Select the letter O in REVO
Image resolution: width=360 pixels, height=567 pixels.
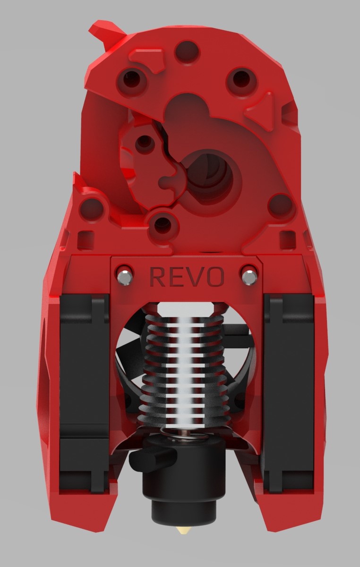pos(215,277)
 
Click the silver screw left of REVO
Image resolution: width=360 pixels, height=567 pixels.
pos(125,276)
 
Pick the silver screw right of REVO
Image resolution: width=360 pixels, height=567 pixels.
pos(249,277)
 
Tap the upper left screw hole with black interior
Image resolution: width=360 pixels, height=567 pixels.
pos(132,79)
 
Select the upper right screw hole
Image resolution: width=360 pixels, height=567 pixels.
pos(240,79)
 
